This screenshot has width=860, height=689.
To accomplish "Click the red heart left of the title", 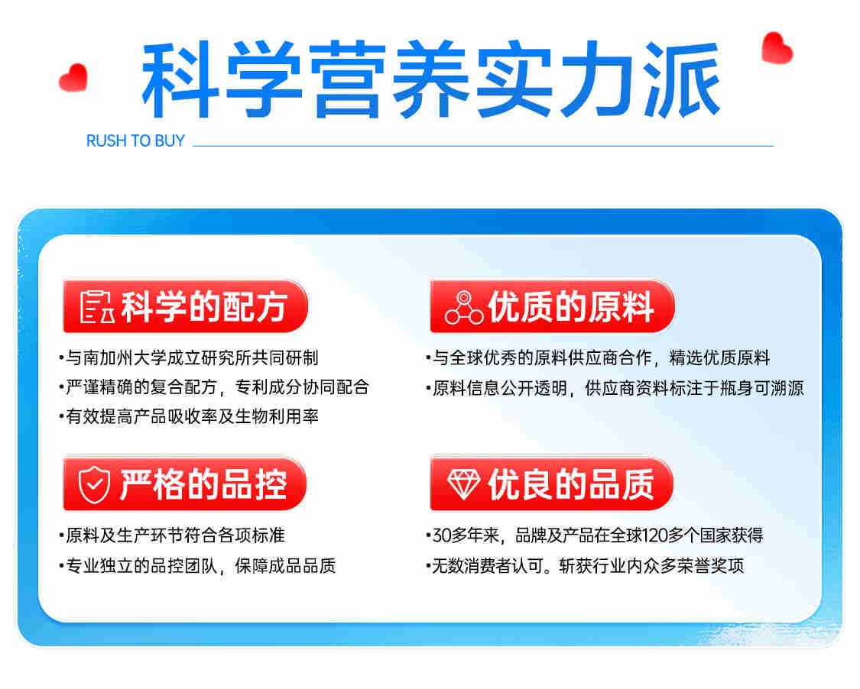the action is [73, 77].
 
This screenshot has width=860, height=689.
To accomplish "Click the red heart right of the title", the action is [777, 47].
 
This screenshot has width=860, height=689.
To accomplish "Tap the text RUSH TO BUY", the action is [135, 141].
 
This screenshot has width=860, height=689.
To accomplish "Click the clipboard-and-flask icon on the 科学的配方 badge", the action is [97, 306].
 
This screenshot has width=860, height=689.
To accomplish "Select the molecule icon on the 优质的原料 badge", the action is [464, 307].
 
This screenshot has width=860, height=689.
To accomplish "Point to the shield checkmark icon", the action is [94, 484].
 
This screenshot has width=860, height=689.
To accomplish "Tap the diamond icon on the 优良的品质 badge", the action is [463, 484].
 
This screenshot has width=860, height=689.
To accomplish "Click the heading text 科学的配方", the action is [204, 306].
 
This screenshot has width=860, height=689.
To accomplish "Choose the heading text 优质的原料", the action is [571, 306].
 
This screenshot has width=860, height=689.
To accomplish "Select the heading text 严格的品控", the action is [203, 484].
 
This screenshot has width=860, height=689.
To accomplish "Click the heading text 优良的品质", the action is [571, 484].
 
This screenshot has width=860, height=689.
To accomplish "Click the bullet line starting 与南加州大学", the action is [189, 358].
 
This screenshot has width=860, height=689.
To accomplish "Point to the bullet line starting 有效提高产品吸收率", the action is [189, 416].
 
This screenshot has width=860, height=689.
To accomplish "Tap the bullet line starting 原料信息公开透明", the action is [615, 388].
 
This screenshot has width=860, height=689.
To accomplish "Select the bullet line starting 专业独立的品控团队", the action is [197, 566].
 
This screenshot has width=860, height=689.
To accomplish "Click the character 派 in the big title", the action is [682, 79].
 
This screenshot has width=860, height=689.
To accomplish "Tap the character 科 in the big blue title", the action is [180, 79].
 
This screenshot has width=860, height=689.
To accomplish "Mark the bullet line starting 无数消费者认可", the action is [586, 566].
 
